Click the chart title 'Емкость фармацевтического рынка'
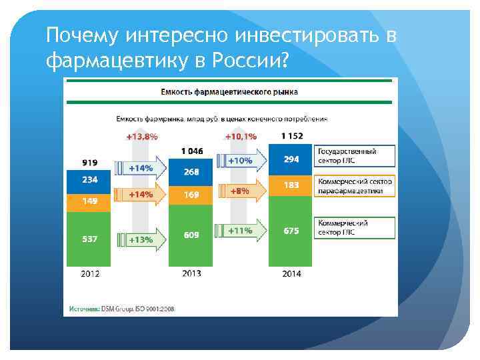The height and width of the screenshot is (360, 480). [229, 91]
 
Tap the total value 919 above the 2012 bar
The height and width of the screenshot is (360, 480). [89, 162]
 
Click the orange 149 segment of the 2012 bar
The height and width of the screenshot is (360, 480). [89, 200]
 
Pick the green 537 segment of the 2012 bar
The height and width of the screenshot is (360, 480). [89, 239]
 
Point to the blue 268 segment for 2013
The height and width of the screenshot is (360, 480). [191, 172]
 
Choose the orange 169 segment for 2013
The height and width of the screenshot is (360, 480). [191, 195]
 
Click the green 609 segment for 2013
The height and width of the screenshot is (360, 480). [191, 235]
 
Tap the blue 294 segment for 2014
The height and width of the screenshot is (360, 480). [291, 159]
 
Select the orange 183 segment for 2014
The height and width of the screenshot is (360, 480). [291, 185]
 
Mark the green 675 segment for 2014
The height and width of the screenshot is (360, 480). [291, 231]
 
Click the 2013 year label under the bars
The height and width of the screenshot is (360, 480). [191, 273]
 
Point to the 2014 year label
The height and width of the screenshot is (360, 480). [291, 273]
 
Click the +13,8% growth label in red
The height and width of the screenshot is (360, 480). [141, 137]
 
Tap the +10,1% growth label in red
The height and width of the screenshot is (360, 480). [239, 137]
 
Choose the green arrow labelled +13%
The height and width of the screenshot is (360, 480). [141, 239]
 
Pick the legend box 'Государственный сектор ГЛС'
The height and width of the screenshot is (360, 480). [355, 156]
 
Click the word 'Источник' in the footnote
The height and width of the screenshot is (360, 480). [83, 309]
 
